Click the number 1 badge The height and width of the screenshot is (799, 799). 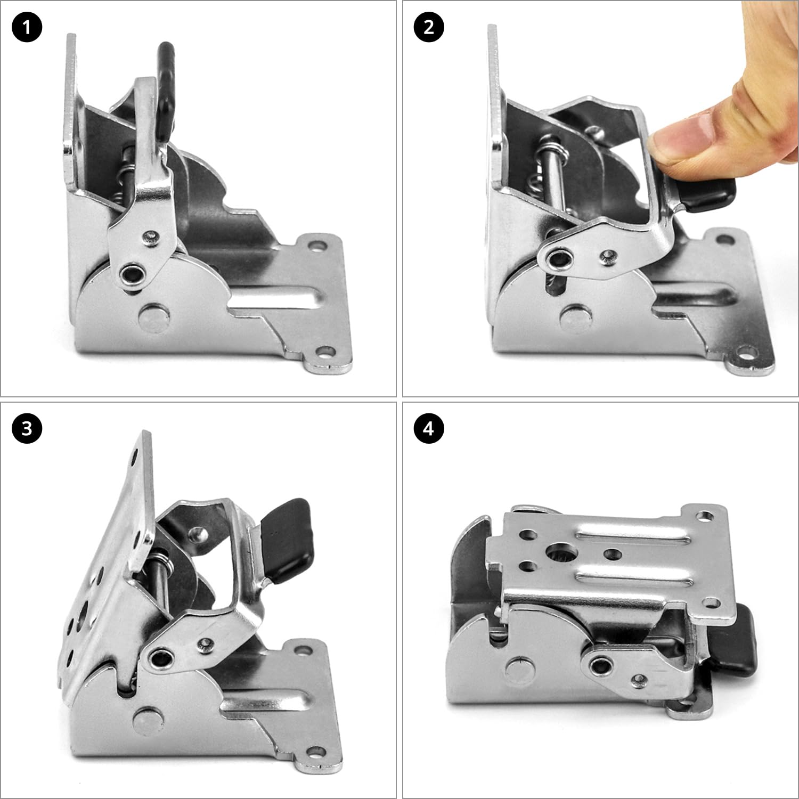27,27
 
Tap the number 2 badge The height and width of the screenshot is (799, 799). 429,27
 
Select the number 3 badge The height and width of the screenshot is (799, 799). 27,429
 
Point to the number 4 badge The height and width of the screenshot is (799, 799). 429,429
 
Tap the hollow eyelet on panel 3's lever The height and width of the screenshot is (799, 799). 159,660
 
